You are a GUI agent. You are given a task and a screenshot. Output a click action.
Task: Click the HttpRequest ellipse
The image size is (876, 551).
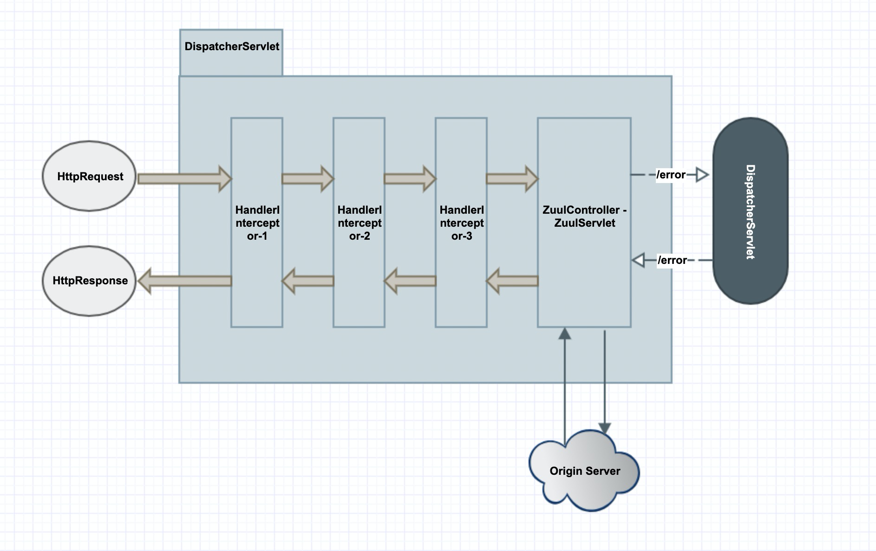click(89, 176)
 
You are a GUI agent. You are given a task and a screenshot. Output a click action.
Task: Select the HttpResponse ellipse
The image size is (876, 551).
click(89, 281)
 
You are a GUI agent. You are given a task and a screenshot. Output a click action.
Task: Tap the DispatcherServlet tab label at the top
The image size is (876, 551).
click(231, 46)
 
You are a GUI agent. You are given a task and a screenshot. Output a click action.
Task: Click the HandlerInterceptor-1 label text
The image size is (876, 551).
click(257, 223)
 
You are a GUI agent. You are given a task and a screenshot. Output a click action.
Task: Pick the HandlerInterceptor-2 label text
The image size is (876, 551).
click(359, 223)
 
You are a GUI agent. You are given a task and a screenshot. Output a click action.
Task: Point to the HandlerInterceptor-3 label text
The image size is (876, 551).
click(461, 223)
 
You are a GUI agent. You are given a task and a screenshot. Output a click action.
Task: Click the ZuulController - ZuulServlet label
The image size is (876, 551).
click(584, 216)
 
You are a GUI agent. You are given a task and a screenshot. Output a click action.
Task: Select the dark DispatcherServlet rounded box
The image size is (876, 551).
click(750, 211)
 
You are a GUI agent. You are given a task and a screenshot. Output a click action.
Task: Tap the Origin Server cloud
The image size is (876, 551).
click(584, 471)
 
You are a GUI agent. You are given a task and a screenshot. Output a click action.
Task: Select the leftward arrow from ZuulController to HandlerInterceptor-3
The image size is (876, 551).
click(512, 281)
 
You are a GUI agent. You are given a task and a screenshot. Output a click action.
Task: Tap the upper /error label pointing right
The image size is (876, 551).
click(671, 175)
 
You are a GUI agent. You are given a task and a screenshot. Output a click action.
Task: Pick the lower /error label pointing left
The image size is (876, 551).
click(672, 260)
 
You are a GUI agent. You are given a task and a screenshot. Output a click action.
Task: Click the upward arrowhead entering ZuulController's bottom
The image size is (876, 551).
click(564, 333)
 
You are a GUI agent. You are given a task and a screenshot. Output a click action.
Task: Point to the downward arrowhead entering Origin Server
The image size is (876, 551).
click(604, 428)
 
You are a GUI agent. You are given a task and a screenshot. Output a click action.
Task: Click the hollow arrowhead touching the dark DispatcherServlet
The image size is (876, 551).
click(702, 175)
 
